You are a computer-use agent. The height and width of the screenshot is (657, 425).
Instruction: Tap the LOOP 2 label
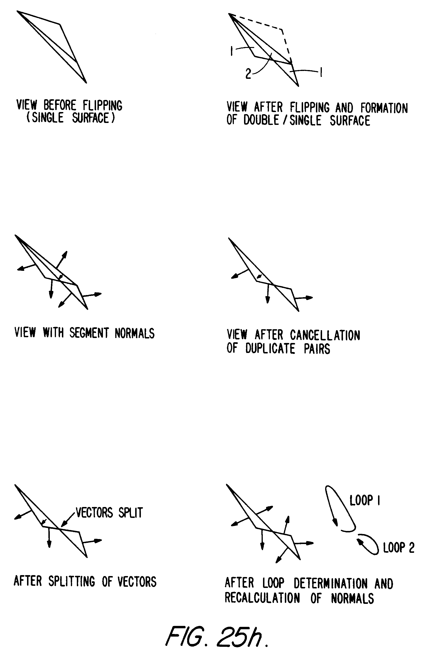(x=398, y=548)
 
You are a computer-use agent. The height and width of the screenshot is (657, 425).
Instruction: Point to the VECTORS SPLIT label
(x=109, y=513)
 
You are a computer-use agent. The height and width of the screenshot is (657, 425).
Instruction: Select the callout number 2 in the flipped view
(x=248, y=74)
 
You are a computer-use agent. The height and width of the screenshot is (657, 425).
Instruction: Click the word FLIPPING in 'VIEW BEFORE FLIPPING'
(x=102, y=105)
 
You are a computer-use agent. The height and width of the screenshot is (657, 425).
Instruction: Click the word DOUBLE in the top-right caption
(x=261, y=120)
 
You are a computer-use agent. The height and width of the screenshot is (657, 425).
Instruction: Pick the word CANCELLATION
(x=325, y=335)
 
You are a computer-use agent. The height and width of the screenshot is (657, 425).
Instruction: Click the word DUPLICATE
(x=270, y=349)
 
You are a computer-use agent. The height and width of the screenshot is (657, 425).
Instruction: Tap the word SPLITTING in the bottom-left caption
(x=72, y=581)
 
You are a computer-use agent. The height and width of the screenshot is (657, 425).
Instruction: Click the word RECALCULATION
(x=262, y=598)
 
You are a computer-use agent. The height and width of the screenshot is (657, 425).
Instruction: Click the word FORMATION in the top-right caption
(x=384, y=108)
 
